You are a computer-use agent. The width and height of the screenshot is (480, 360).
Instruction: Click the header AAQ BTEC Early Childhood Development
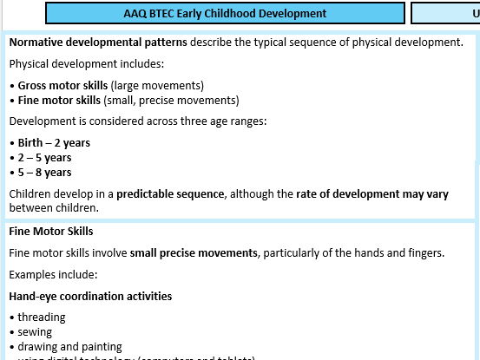[x=225, y=13]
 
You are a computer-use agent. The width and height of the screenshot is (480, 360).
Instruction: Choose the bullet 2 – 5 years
[x=44, y=157]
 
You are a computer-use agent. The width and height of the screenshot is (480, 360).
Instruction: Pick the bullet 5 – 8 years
[x=44, y=172]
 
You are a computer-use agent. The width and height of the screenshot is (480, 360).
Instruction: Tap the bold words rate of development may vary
[x=393, y=193]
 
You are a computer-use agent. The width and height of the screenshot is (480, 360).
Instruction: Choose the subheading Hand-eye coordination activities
[x=90, y=296]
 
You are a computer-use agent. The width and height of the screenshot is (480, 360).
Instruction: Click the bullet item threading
[x=42, y=317]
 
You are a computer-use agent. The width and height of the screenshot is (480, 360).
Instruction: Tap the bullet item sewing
[x=35, y=331]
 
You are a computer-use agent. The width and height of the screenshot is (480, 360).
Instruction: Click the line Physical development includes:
[x=76, y=63]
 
